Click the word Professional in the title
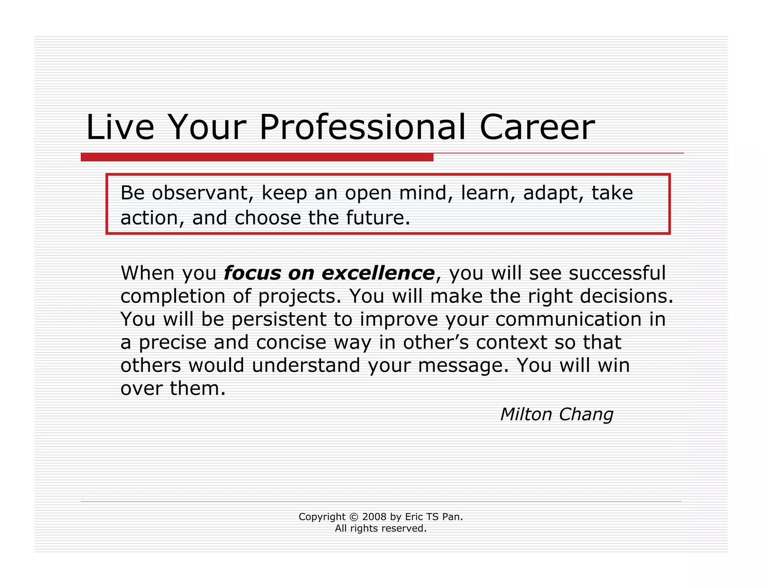pos(362,127)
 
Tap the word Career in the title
pos(537,127)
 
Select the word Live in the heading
pos(120,127)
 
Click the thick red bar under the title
pos(257,157)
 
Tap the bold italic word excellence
pos(378,273)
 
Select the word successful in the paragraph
pos(617,273)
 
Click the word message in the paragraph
pos(462,366)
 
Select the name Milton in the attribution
pos(525,414)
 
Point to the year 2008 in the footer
pos(374,517)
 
